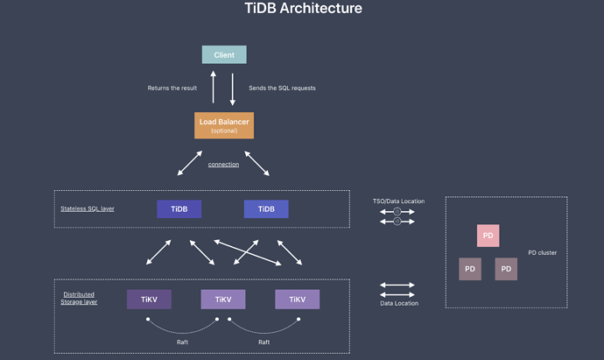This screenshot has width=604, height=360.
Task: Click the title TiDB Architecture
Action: (x=303, y=9)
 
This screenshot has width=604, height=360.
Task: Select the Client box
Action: (x=224, y=54)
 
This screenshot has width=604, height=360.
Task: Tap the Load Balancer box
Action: (x=224, y=125)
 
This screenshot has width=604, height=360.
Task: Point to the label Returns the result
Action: (x=173, y=88)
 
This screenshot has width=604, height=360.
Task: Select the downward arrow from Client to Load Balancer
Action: (x=232, y=88)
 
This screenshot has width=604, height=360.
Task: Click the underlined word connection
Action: (x=223, y=165)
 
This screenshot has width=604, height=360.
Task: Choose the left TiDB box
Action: (x=179, y=209)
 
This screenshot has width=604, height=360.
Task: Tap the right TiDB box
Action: (x=266, y=209)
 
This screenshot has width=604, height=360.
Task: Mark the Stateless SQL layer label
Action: (x=88, y=208)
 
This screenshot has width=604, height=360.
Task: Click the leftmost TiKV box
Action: (x=149, y=300)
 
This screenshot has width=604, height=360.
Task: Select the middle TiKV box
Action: (x=222, y=300)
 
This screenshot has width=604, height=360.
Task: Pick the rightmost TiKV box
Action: (x=297, y=300)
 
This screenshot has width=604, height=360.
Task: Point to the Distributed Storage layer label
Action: (x=79, y=298)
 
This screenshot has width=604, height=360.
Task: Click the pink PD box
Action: (x=488, y=236)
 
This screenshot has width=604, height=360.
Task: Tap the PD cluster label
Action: (x=542, y=253)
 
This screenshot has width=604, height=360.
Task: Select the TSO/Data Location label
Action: (x=398, y=201)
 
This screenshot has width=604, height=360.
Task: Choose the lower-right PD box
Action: (x=505, y=269)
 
